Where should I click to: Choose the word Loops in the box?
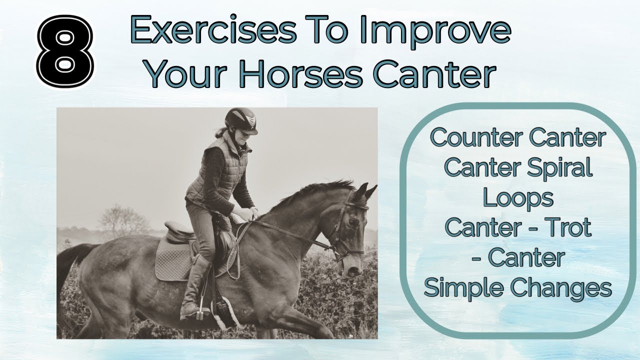[517, 197]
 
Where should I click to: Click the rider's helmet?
[240, 120]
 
